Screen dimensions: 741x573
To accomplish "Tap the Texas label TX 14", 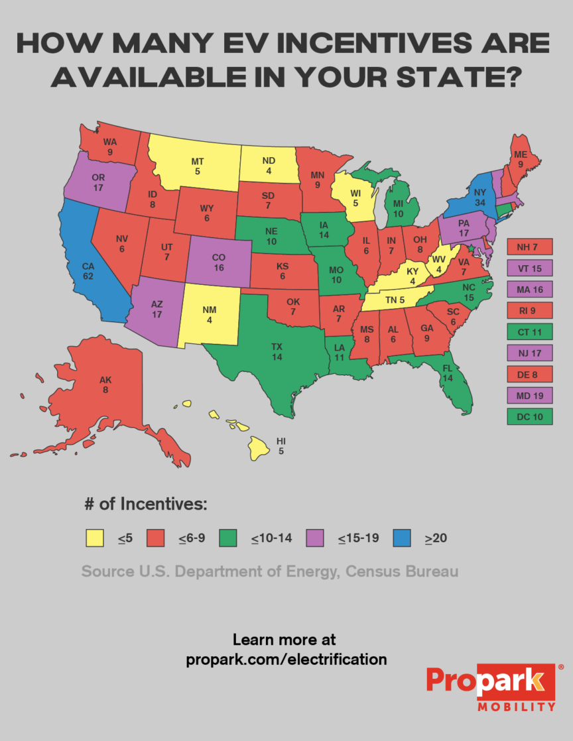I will (x=277, y=351).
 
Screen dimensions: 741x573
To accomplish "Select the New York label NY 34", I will (x=480, y=197).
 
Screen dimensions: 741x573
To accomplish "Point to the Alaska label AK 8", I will (x=105, y=384).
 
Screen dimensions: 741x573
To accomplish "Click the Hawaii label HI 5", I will (x=281, y=445).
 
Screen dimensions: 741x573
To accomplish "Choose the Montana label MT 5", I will (x=198, y=166).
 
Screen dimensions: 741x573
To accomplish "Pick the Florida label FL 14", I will (x=448, y=372).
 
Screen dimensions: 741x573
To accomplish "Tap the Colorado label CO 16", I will (x=219, y=262).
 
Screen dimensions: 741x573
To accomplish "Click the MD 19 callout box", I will (x=529, y=396).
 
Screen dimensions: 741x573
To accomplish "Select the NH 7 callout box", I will (x=529, y=247).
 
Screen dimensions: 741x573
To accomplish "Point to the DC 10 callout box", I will (x=529, y=417).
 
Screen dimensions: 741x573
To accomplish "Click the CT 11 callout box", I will (x=529, y=332).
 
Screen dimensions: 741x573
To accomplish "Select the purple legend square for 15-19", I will (x=316, y=538).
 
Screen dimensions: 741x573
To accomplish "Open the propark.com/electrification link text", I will (x=286, y=659).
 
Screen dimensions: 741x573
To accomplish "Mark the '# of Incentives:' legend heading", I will (x=146, y=504).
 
